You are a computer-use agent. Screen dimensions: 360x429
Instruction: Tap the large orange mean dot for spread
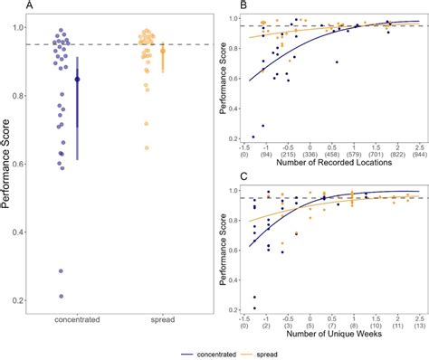[x=163, y=51]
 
